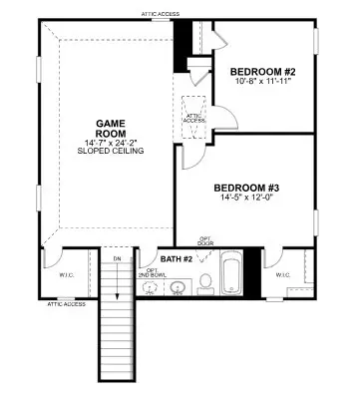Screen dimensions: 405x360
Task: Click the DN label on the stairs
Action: [x=118, y=258]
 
